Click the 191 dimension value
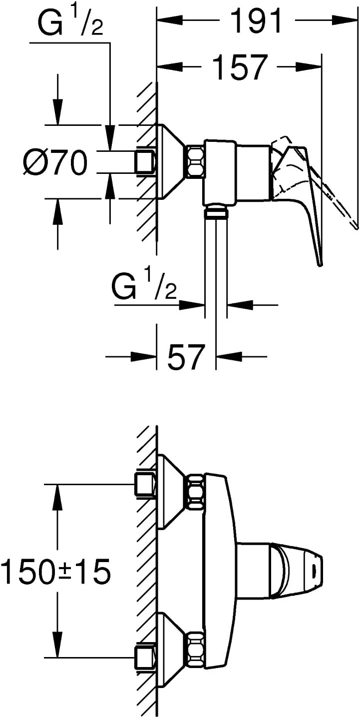pos(256,21)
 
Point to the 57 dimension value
pos(186,357)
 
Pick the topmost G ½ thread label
pos(70,23)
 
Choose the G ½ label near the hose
pos(144,286)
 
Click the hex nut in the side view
pos(195,161)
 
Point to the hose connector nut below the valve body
pos(217,212)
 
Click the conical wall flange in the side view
pos(170,161)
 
